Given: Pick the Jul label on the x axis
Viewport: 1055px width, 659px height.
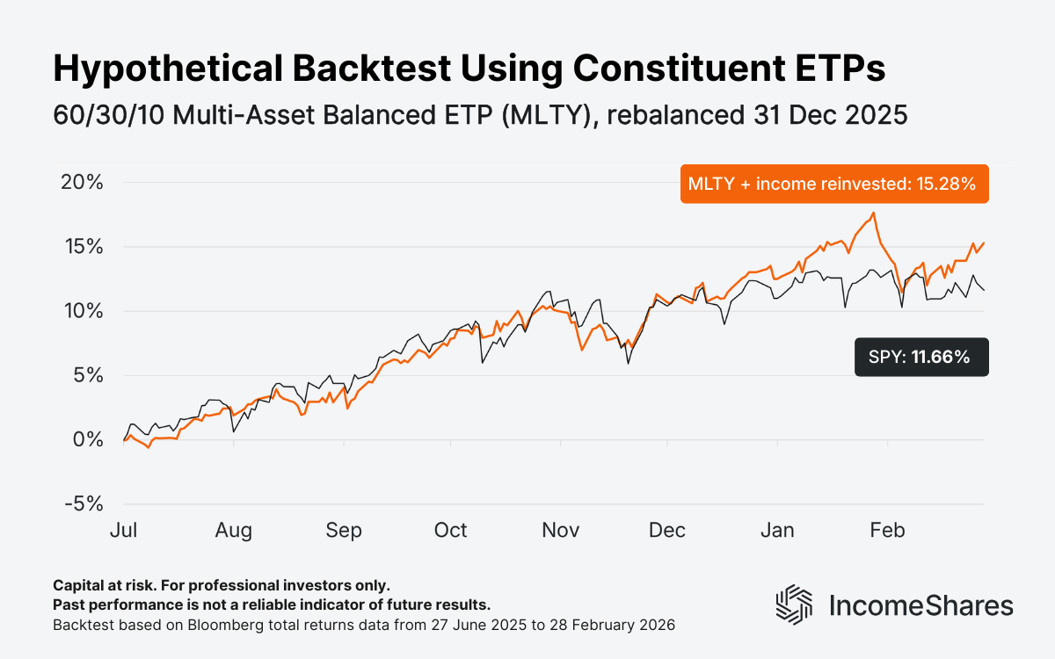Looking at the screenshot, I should coord(124,531).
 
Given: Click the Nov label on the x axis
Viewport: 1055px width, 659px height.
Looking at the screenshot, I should coord(560,531).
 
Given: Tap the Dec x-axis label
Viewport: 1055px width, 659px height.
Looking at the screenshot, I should coord(667,531).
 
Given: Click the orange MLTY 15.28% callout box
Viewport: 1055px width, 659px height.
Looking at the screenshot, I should coord(833,184).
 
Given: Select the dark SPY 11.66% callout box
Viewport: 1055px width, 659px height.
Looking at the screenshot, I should coord(920,357).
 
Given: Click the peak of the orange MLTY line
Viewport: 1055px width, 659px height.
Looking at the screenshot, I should coord(873,213).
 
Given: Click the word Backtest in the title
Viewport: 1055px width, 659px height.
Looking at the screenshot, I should coord(313,69).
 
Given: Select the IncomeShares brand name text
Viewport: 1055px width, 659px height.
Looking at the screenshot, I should coord(921,605).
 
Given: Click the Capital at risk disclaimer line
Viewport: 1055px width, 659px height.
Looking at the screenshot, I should coord(221,585).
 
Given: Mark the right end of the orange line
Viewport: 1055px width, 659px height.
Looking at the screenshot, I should coord(984,243).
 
